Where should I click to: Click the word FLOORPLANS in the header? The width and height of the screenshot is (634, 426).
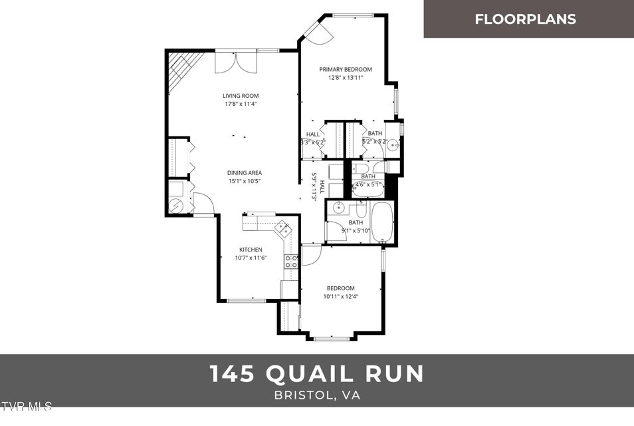(525, 19)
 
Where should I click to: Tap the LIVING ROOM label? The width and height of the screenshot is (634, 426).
(241, 96)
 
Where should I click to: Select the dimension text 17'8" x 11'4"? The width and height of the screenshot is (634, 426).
(241, 104)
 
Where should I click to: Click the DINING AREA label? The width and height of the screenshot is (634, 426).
(245, 173)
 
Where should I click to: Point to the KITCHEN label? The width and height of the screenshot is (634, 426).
(251, 250)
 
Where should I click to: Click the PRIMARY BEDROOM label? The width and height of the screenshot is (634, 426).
(345, 69)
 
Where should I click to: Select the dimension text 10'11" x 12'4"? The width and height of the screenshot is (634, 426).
(340, 297)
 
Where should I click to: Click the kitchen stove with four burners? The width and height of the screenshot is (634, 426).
(291, 262)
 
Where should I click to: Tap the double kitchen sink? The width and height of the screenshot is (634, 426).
(283, 230)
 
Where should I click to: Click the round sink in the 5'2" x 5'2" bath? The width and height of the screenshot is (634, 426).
(393, 144)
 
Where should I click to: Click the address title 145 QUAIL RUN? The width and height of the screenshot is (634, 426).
(317, 373)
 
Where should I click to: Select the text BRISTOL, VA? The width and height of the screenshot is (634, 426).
(317, 395)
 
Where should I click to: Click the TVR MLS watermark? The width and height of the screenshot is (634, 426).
(26, 406)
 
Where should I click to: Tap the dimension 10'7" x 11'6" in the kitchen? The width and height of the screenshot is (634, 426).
(251, 258)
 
